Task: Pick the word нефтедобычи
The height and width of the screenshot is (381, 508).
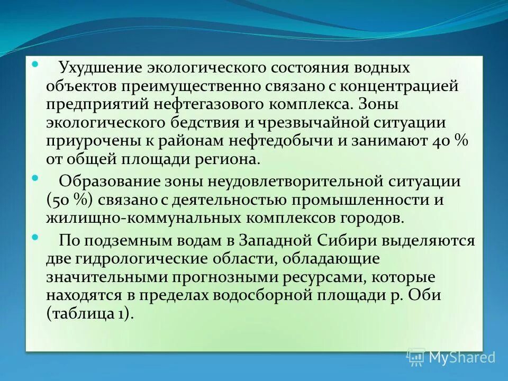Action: click(275, 142)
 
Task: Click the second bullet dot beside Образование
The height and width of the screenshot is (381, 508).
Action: click(35, 178)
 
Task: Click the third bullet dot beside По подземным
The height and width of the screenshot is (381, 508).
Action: click(35, 237)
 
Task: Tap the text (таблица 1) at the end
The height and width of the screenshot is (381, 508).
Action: click(88, 313)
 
